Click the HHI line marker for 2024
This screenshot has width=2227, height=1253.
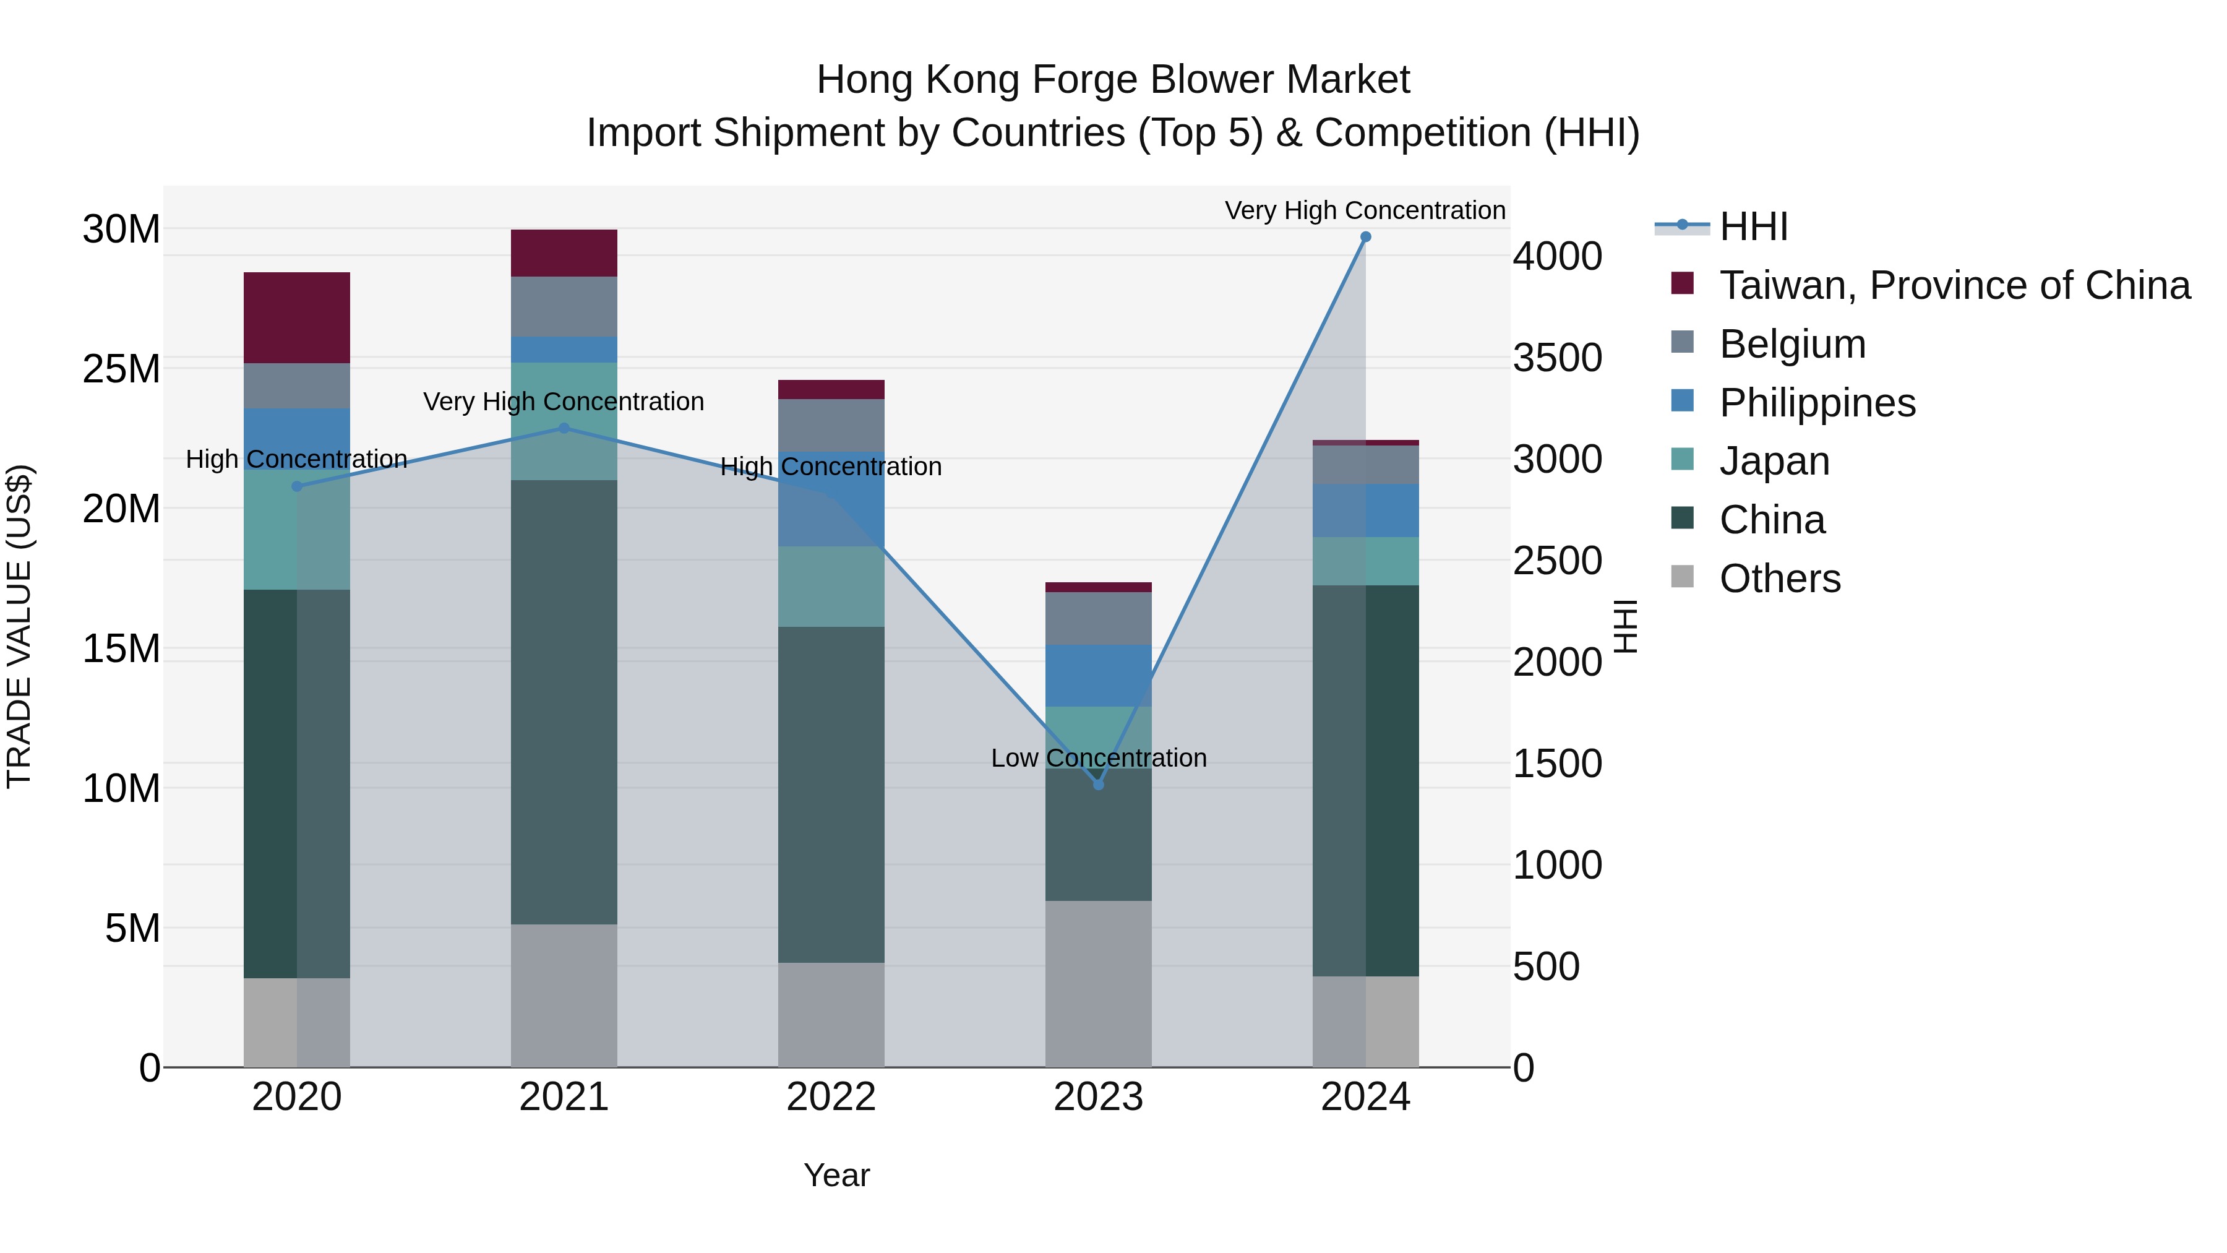[x=1366, y=237]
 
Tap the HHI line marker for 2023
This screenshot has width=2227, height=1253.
[x=1099, y=785]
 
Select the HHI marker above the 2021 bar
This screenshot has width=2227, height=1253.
[x=564, y=428]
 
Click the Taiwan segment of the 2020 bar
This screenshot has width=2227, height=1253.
[x=296, y=317]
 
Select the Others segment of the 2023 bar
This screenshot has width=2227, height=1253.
[x=1098, y=983]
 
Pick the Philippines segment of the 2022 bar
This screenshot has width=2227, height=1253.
[x=831, y=499]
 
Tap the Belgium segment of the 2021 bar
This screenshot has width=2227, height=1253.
[x=564, y=306]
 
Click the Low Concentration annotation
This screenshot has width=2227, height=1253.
[x=1098, y=759]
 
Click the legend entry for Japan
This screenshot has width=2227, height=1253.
[x=1774, y=461]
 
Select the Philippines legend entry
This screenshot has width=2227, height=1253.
[x=1817, y=403]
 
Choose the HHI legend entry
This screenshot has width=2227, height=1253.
[x=1753, y=226]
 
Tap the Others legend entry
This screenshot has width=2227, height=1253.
[x=1779, y=579]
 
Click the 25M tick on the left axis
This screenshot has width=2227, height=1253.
[x=121, y=369]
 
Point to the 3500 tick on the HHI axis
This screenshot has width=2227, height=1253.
[x=1557, y=358]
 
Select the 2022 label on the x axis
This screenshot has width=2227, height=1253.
[x=831, y=1097]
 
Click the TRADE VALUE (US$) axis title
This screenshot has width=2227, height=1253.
[x=20, y=626]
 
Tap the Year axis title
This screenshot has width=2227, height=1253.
[x=836, y=1175]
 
